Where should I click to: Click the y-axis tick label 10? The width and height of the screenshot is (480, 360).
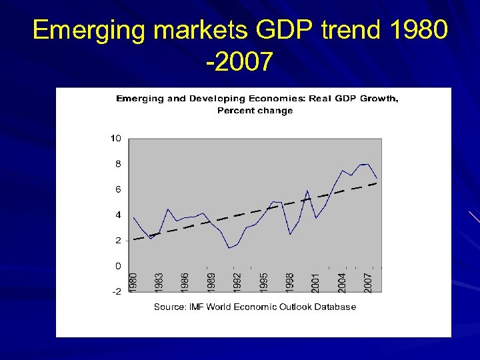click(x=115, y=139)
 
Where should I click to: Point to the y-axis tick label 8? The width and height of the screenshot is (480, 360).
click(x=117, y=164)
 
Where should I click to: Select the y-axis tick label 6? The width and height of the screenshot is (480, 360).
click(x=117, y=189)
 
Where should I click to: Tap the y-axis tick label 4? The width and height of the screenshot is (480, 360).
click(x=117, y=215)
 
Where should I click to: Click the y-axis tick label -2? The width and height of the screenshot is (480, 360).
click(x=115, y=291)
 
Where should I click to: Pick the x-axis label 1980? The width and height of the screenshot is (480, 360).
click(x=133, y=280)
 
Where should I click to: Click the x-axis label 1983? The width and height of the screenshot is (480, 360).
click(x=159, y=280)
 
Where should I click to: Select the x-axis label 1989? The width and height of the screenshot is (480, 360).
click(x=211, y=280)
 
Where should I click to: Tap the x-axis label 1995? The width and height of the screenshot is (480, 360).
click(x=263, y=280)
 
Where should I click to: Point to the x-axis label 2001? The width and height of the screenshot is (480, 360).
click(x=315, y=280)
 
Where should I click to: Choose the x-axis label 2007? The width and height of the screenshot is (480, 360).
click(x=367, y=280)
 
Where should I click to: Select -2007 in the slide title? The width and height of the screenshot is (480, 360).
click(x=239, y=62)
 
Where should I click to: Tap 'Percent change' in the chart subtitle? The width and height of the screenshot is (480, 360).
click(x=255, y=111)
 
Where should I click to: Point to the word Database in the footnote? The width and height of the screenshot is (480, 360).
click(x=335, y=307)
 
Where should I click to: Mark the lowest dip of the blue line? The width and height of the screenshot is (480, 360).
click(x=229, y=248)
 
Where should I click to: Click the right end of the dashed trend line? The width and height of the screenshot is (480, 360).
click(x=377, y=183)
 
